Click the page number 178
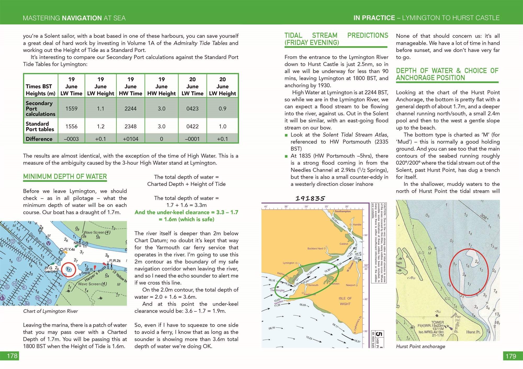(x=12, y=356)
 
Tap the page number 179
(x=511, y=356)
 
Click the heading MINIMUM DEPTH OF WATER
(x=65, y=177)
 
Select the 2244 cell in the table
(x=130, y=108)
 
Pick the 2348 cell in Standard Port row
(x=130, y=126)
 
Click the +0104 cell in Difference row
(x=130, y=139)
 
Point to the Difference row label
(x=39, y=139)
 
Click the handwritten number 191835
(x=310, y=199)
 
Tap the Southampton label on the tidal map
(x=343, y=211)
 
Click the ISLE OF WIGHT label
(x=345, y=301)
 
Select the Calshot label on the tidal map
(x=344, y=244)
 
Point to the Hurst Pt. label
(x=473, y=332)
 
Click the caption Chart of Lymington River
(x=50, y=311)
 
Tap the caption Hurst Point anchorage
(x=420, y=346)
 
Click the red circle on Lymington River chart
(x=69, y=269)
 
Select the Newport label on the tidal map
(x=350, y=285)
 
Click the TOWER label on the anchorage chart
(x=437, y=322)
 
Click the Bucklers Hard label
(x=315, y=249)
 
